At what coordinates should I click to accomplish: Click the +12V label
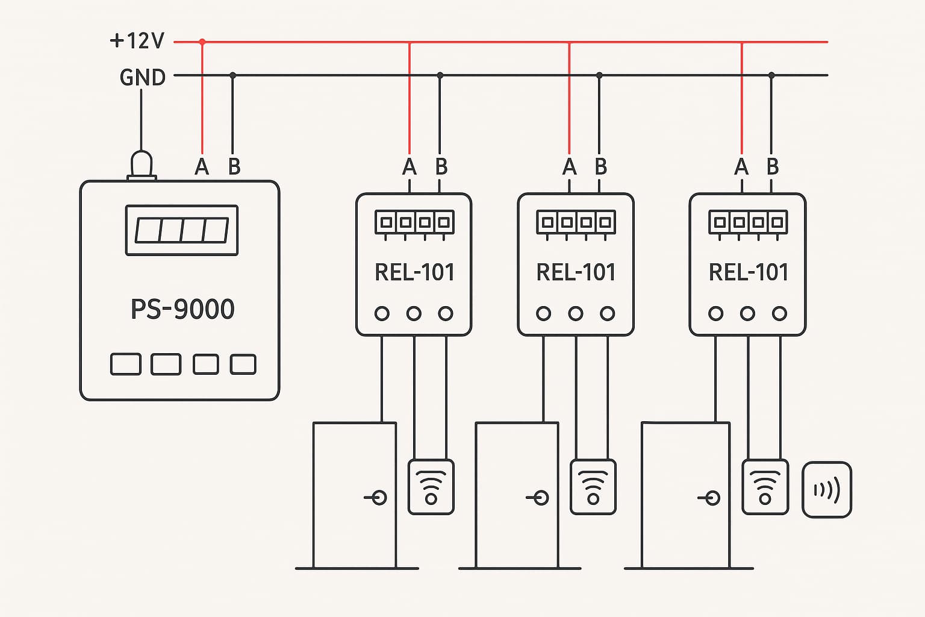[137, 41]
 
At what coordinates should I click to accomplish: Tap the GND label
[143, 77]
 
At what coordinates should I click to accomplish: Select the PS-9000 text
[182, 309]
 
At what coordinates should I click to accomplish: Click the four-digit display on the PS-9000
[182, 230]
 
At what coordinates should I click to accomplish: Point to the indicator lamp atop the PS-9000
[142, 166]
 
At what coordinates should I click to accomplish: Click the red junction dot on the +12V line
[202, 42]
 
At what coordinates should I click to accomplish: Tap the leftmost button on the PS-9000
[125, 364]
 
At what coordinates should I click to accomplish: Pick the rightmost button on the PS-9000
[243, 364]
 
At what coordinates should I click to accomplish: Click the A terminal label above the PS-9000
[202, 166]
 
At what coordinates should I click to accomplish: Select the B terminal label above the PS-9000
[234, 166]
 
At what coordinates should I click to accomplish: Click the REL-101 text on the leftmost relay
[414, 272]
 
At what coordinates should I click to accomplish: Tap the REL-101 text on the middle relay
[576, 272]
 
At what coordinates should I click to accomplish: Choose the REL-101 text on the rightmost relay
[749, 272]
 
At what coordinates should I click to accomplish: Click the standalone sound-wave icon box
[827, 490]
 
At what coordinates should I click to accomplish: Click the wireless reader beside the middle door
[593, 487]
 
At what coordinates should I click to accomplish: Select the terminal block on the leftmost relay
[414, 223]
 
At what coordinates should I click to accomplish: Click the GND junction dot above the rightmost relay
[771, 75]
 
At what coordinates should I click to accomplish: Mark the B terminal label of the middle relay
[601, 166]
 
